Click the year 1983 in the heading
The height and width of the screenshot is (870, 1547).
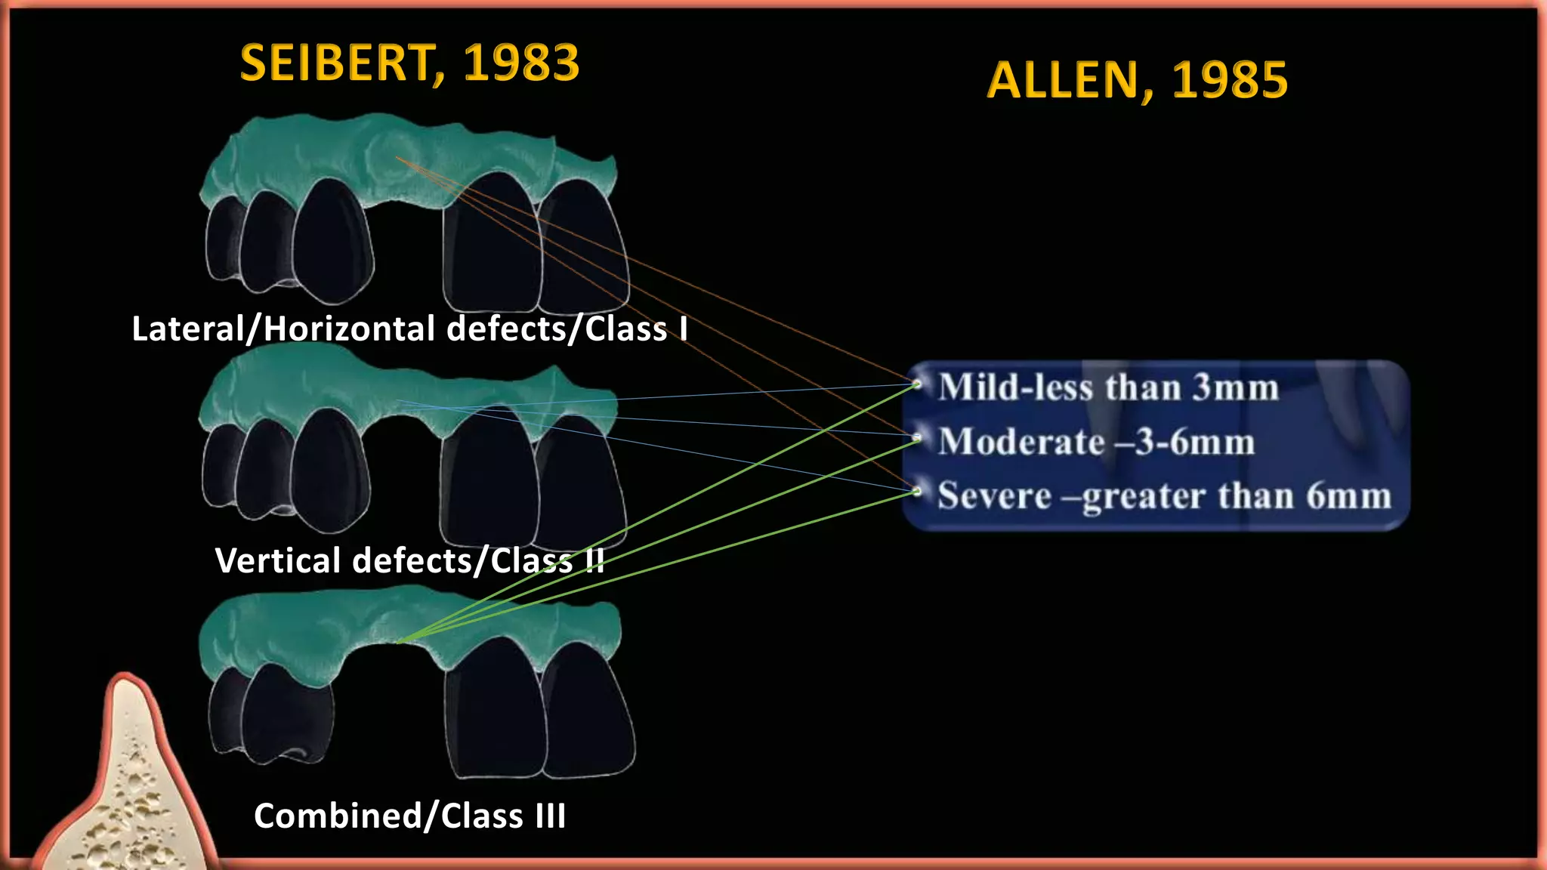(521, 63)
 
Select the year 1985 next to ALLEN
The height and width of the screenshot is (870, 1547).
(1230, 81)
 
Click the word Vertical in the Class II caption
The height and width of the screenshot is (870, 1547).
(279, 561)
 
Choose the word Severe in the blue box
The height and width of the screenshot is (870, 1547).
(994, 496)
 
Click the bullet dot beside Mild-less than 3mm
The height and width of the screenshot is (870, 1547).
(917, 384)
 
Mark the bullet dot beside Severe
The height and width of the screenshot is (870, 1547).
(917, 492)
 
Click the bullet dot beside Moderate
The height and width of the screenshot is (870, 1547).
(917, 437)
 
